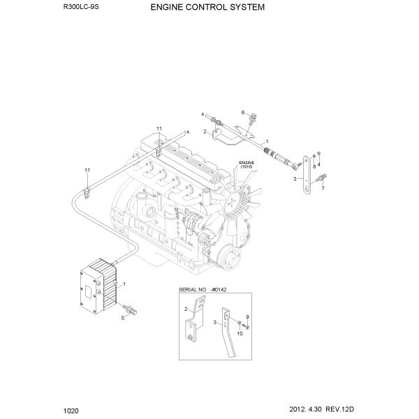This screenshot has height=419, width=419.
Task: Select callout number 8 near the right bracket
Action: [314, 167]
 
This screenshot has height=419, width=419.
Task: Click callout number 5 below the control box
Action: [123, 317]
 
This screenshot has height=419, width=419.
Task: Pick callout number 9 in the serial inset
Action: [247, 318]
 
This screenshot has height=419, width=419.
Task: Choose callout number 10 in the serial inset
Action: [240, 334]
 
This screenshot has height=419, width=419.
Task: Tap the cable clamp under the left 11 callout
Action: [87, 192]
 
